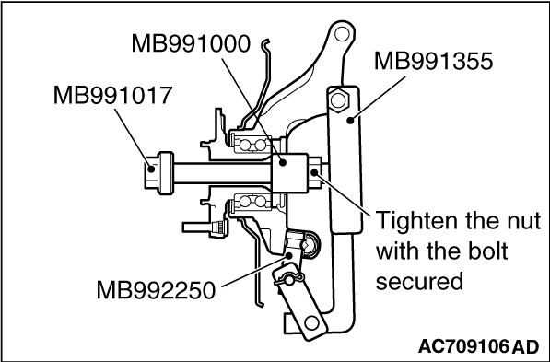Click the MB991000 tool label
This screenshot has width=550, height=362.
coord(191,43)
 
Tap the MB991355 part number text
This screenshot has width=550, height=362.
coord(434,61)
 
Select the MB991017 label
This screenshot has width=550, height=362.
coord(112,95)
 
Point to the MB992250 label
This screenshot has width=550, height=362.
coord(156,290)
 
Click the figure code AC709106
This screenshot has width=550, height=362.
coord(463,347)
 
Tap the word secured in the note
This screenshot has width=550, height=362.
coord(419,281)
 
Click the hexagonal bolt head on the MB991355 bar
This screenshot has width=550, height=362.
coord(338,99)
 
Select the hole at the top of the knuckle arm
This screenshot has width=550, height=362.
coord(342,34)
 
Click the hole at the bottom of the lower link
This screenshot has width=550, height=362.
coord(311,322)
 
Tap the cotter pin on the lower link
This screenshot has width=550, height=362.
coord(288,280)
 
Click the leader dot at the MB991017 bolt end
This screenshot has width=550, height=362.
coord(151,169)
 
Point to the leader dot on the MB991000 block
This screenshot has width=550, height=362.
coord(282,162)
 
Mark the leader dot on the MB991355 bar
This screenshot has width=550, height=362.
coord(350,121)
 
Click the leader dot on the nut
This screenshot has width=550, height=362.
coord(315,172)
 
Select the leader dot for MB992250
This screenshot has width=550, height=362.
coord(289,255)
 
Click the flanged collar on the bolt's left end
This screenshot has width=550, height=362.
coord(166,172)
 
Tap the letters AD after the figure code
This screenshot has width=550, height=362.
coord(525,347)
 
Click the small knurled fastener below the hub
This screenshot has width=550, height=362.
coord(218,228)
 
